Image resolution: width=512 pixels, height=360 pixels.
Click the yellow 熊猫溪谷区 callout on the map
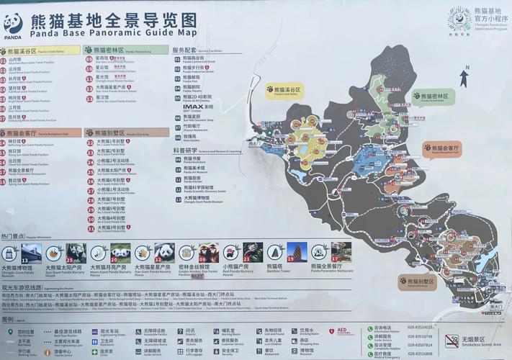pyautogui.click(x=284, y=91)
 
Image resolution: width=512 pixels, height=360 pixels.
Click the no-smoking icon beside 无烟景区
pyautogui.click(x=452, y=341)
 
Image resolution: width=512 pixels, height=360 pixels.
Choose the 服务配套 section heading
pyautogui.click(x=184, y=50)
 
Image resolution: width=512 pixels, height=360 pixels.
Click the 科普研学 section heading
pyautogui.click(x=186, y=150)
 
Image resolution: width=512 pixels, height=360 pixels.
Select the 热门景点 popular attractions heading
pyautogui.click(x=14, y=236)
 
